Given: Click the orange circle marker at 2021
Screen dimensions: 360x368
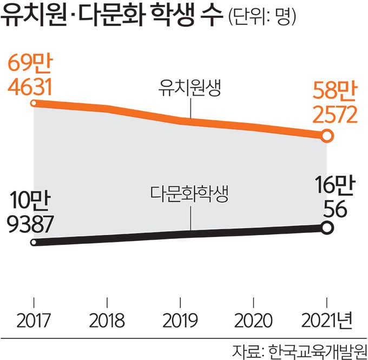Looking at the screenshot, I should click(x=326, y=137).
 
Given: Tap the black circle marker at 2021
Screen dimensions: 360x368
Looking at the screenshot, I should click(x=326, y=228).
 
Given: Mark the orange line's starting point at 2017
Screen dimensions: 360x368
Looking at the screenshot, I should click(x=34, y=103).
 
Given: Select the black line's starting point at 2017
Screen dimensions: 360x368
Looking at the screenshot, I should click(x=34, y=243).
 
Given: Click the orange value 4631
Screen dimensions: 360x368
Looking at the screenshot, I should click(x=30, y=86).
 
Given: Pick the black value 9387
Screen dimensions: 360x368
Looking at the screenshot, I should click(x=32, y=223).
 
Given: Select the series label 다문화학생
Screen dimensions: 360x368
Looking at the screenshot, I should click(x=190, y=193).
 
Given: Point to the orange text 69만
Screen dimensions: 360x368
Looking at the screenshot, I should click(x=30, y=64).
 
